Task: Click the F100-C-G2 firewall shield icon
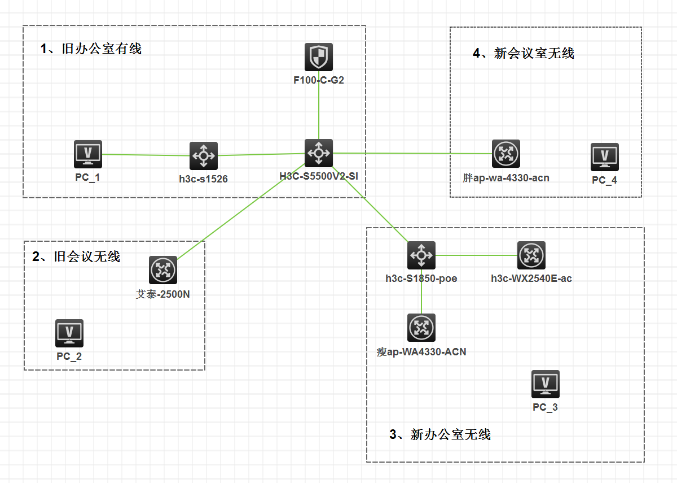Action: click(x=319, y=57)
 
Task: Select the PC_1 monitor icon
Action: click(x=88, y=154)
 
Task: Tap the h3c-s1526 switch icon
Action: click(x=203, y=155)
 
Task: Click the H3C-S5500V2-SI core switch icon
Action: click(x=319, y=153)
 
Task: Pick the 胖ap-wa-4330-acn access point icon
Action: click(x=505, y=154)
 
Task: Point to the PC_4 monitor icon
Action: click(x=605, y=156)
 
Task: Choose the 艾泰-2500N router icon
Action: click(x=163, y=270)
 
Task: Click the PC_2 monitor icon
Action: click(x=69, y=333)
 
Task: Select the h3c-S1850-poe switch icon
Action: click(x=421, y=255)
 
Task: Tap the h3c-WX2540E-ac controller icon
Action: click(x=531, y=255)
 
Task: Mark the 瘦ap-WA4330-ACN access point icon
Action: click(x=421, y=328)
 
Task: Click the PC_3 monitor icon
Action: click(x=546, y=384)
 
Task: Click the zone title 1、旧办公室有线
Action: click(x=91, y=49)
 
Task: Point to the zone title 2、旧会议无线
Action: click(x=76, y=256)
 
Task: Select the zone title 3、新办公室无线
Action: click(x=440, y=434)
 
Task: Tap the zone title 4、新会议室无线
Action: click(x=523, y=54)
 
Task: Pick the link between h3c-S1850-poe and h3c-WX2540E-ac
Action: click(x=477, y=255)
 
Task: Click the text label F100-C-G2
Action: click(x=319, y=80)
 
